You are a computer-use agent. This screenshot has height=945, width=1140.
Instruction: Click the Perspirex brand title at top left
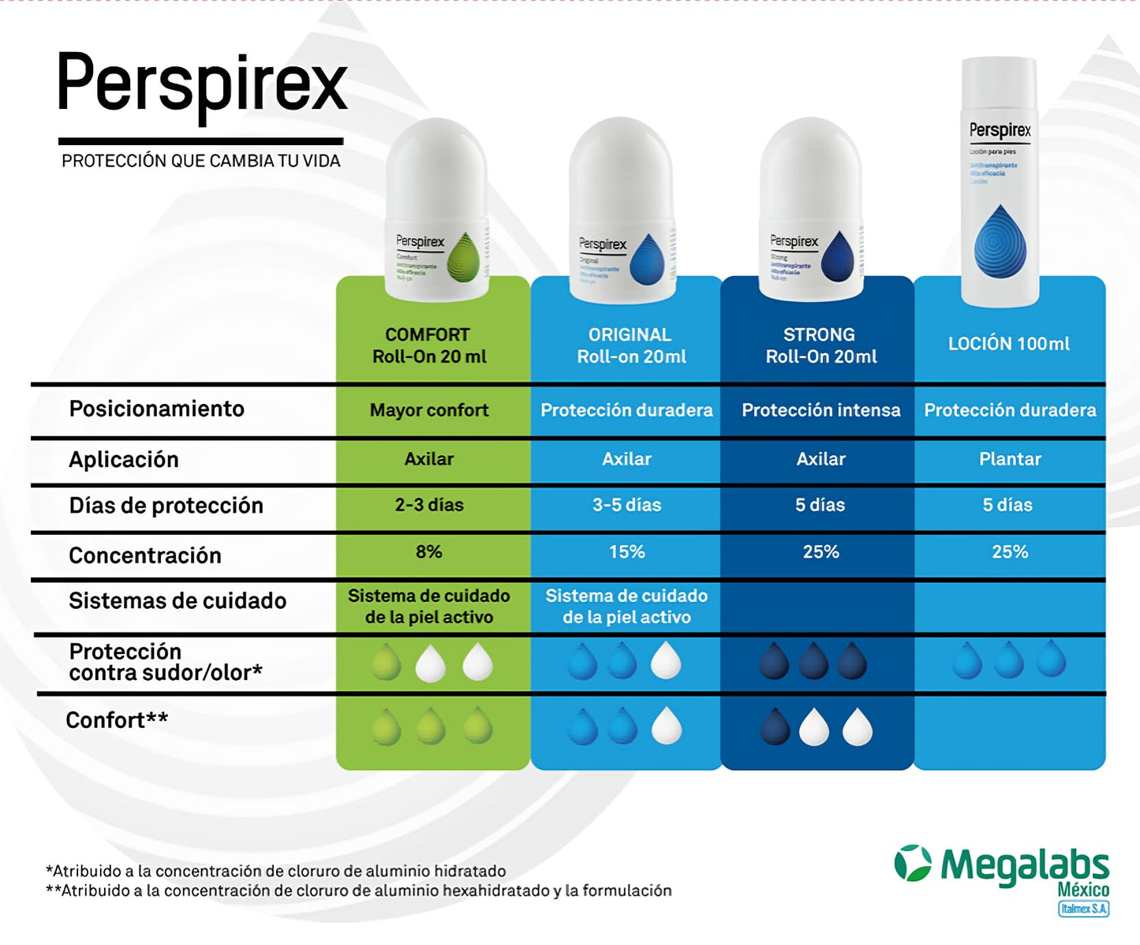coord(201,85)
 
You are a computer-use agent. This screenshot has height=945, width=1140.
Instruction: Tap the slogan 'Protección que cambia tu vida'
coord(201,161)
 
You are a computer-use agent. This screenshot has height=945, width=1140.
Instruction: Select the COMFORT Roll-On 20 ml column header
coord(429,346)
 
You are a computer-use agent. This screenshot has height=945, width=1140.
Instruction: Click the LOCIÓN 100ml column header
coord(1009,344)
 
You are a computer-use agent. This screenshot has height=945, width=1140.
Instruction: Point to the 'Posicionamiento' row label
coord(156,409)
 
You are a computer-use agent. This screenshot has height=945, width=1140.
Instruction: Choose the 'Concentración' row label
coord(145,555)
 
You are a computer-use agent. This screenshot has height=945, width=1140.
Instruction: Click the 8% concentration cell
coord(429,552)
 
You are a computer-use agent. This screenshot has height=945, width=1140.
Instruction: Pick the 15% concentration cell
coord(626,552)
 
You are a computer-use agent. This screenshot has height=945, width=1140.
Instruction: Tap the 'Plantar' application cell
coord(1010,459)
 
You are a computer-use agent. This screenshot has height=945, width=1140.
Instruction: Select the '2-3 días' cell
coord(429,505)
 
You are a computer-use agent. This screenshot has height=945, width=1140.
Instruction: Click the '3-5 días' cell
coord(626,505)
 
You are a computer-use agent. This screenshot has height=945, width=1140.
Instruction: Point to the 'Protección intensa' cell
coord(820,410)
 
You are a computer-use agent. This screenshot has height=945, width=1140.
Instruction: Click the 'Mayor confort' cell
coord(429,410)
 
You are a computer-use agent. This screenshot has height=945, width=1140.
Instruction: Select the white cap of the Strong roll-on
coord(811,170)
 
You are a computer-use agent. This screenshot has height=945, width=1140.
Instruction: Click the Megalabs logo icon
coord(913,863)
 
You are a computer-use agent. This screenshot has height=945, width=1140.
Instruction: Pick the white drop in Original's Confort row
coord(667,726)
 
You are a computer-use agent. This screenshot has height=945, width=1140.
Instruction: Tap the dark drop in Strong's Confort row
coord(775,726)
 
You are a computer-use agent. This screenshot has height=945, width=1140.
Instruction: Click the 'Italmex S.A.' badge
coord(1083,909)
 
